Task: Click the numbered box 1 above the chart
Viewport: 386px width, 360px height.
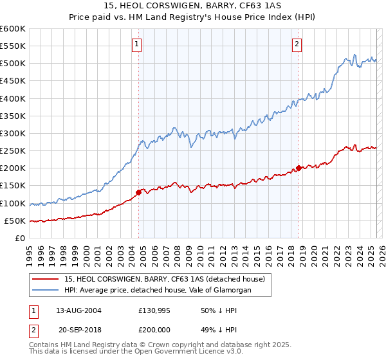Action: (x=138, y=44)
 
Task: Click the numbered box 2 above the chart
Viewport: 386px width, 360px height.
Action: (x=297, y=44)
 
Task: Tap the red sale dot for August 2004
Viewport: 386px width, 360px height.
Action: (x=138, y=192)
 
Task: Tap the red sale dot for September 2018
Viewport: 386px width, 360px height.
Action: (x=299, y=168)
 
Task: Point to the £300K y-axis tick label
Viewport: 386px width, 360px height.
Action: (x=13, y=133)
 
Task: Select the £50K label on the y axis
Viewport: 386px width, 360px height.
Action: (x=15, y=221)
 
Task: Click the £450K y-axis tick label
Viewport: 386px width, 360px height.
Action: (x=13, y=81)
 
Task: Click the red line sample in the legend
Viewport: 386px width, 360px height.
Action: (x=46, y=279)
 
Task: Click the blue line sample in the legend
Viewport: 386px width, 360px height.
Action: (x=46, y=291)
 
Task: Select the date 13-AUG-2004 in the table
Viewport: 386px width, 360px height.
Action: (x=78, y=310)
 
